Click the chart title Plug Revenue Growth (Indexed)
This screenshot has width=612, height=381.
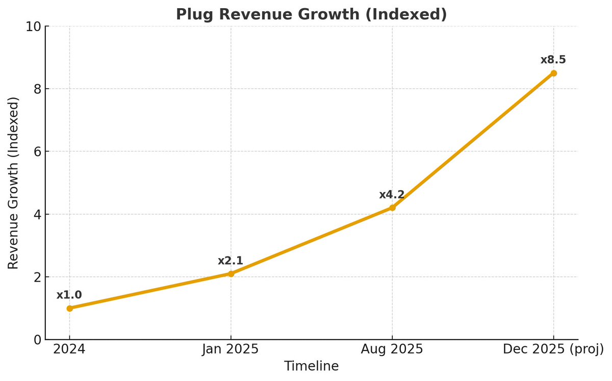pos(311,14)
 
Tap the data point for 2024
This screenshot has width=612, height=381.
pos(69,308)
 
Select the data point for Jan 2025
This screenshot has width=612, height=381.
pos(231,274)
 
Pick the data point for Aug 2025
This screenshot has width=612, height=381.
pos(392,208)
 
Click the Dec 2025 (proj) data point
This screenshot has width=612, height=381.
pos(553,73)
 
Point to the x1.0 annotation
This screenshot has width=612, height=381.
pos(69,295)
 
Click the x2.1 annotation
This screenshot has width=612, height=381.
pos(231,261)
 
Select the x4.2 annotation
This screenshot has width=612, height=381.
pos(392,195)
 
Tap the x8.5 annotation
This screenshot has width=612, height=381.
pos(553,60)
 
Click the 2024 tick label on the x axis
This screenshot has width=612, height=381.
pos(69,349)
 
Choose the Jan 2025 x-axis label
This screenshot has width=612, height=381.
pos(231,349)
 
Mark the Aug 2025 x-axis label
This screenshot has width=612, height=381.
pos(392,349)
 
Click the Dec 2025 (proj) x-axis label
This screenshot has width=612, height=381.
pos(553,349)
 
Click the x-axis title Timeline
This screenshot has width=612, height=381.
pos(311,366)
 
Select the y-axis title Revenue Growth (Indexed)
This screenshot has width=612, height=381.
pos(14,183)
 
